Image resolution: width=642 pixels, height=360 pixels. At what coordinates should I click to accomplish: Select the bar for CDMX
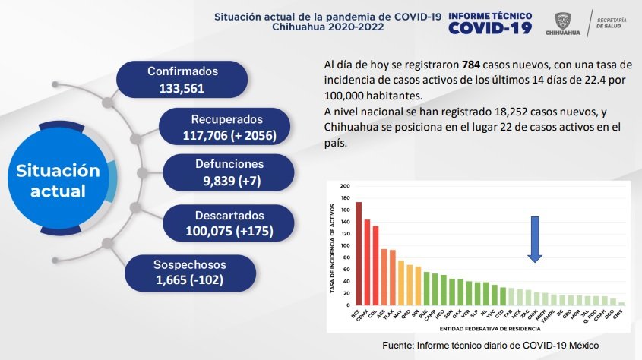coord(368,262)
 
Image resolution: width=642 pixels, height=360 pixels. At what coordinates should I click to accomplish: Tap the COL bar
coord(376,265)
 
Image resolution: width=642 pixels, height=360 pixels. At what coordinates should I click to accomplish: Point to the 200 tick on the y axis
coord(345,186)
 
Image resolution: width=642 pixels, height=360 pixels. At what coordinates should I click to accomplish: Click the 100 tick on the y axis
coord(345,245)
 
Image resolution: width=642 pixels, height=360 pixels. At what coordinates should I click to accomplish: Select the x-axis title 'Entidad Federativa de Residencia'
coord(490,330)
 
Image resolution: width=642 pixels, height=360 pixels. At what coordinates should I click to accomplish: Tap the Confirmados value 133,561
coord(182,87)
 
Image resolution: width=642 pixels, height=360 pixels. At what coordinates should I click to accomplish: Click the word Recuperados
coord(227,120)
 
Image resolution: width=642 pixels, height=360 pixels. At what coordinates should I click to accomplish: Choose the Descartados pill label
coord(229,214)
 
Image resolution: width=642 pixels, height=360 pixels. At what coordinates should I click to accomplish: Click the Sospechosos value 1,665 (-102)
coord(189,280)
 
